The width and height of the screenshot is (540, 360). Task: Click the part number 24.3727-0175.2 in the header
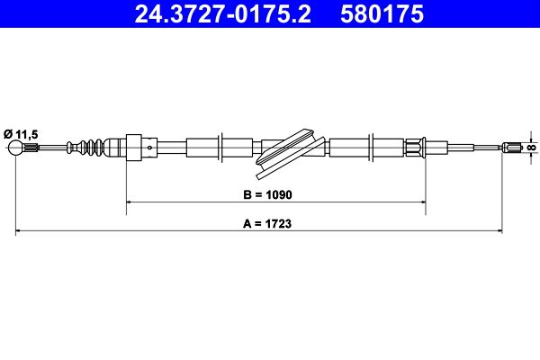pos(222,13)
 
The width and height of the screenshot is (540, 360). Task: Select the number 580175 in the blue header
pos(382,13)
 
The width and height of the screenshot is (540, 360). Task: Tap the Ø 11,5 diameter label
pos(21,134)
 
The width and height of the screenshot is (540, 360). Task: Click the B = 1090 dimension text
pos(267,194)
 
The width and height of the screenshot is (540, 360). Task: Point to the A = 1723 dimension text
pos(267,223)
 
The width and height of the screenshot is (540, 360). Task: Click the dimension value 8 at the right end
pos(532,148)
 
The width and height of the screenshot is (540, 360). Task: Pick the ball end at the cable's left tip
pos(15,148)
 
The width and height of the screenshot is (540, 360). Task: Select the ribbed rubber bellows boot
pos(85,148)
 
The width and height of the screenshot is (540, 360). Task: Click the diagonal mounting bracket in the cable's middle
pos(291,154)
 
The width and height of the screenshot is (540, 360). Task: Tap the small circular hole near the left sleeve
pos(149,148)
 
